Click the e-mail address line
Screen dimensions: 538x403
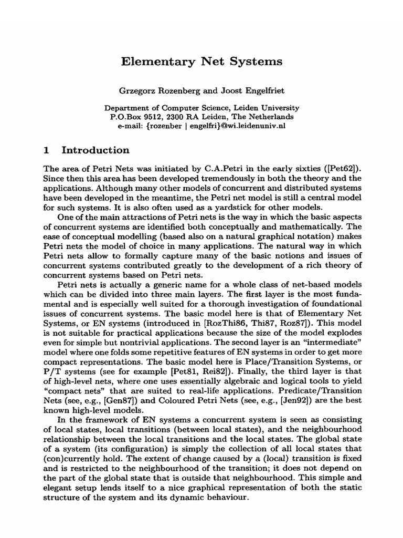pyautogui.click(x=201, y=126)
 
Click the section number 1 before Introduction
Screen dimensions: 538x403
pyautogui.click(x=46, y=150)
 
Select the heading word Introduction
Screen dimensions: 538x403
pyautogui.click(x=96, y=150)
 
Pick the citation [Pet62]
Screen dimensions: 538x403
pyautogui.click(x=338, y=168)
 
